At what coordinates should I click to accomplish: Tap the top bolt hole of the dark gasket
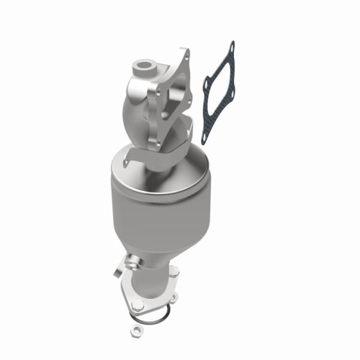(x=232, y=45)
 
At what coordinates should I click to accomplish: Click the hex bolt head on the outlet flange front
(x=137, y=304)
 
